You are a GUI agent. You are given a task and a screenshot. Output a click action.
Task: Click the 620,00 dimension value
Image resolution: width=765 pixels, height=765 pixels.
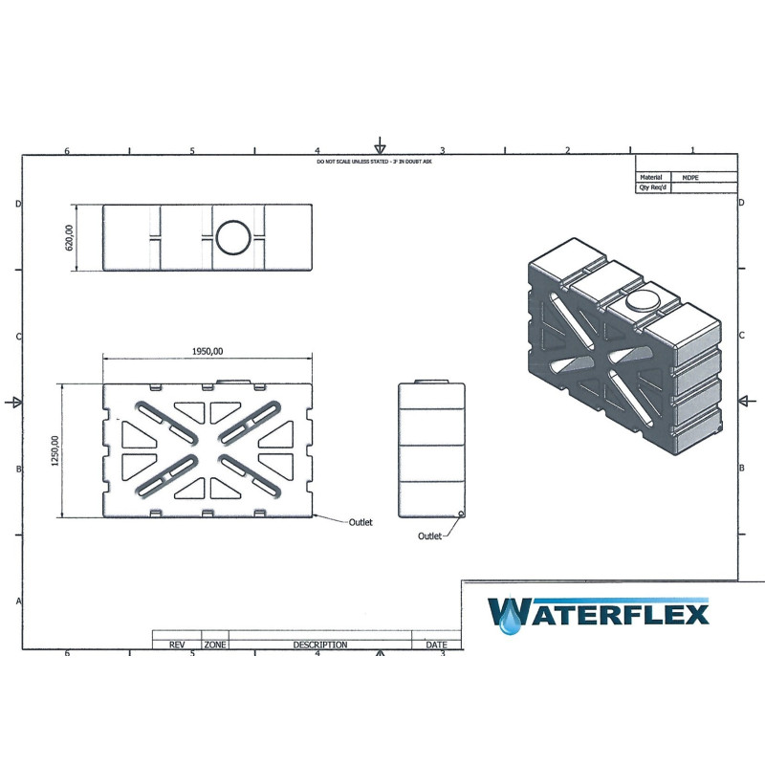click(69, 237)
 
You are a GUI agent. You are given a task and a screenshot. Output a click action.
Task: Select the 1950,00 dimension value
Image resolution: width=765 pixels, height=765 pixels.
click(208, 351)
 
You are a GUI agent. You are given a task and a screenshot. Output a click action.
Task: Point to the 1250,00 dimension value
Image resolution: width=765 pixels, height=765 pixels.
click(55, 450)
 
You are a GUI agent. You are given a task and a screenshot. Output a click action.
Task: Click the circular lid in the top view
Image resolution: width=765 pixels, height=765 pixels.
click(233, 237)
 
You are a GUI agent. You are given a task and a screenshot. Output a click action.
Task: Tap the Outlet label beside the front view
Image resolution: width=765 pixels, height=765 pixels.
click(361, 522)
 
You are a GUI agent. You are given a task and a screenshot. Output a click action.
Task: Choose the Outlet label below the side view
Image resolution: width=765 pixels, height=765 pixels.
click(429, 536)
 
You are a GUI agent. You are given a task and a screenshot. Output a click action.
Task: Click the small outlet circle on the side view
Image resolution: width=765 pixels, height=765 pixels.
click(461, 514)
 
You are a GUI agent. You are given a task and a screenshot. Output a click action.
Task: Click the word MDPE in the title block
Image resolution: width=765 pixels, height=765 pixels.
click(690, 178)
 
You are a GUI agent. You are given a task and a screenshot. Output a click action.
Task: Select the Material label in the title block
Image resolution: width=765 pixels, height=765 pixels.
click(651, 177)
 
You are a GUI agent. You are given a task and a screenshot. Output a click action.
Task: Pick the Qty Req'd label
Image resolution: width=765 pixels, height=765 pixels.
click(653, 187)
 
